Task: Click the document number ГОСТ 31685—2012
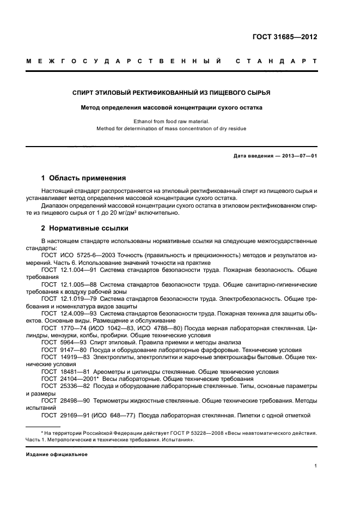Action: tap(291, 37)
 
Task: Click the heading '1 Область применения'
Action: tap(84, 178)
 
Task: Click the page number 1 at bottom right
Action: tap(315, 466)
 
